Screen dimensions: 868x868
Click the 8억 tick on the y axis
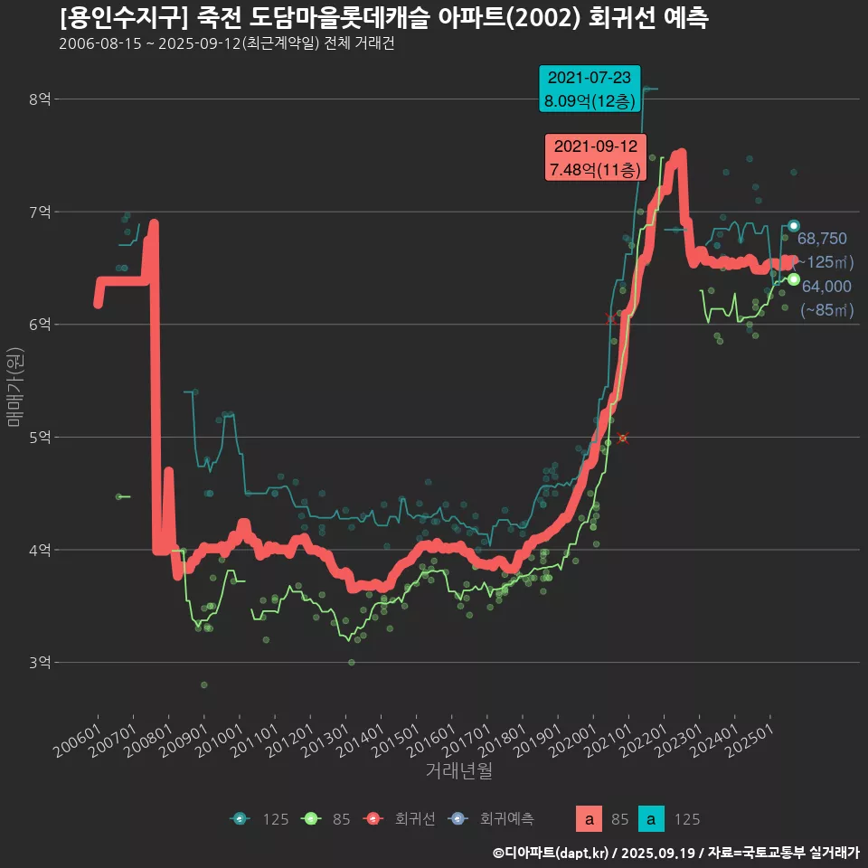(41, 99)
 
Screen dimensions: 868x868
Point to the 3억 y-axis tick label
(41, 663)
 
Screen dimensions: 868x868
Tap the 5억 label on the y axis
(41, 438)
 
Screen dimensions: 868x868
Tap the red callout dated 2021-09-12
(594, 157)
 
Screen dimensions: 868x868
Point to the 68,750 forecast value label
(822, 239)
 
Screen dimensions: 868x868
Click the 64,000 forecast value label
(826, 287)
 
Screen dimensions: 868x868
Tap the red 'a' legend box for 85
(590, 819)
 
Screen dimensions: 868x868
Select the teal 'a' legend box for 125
(651, 819)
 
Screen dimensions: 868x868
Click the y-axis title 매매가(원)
(14, 386)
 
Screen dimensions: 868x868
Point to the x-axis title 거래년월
(458, 771)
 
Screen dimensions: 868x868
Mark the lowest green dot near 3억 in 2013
(352, 663)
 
